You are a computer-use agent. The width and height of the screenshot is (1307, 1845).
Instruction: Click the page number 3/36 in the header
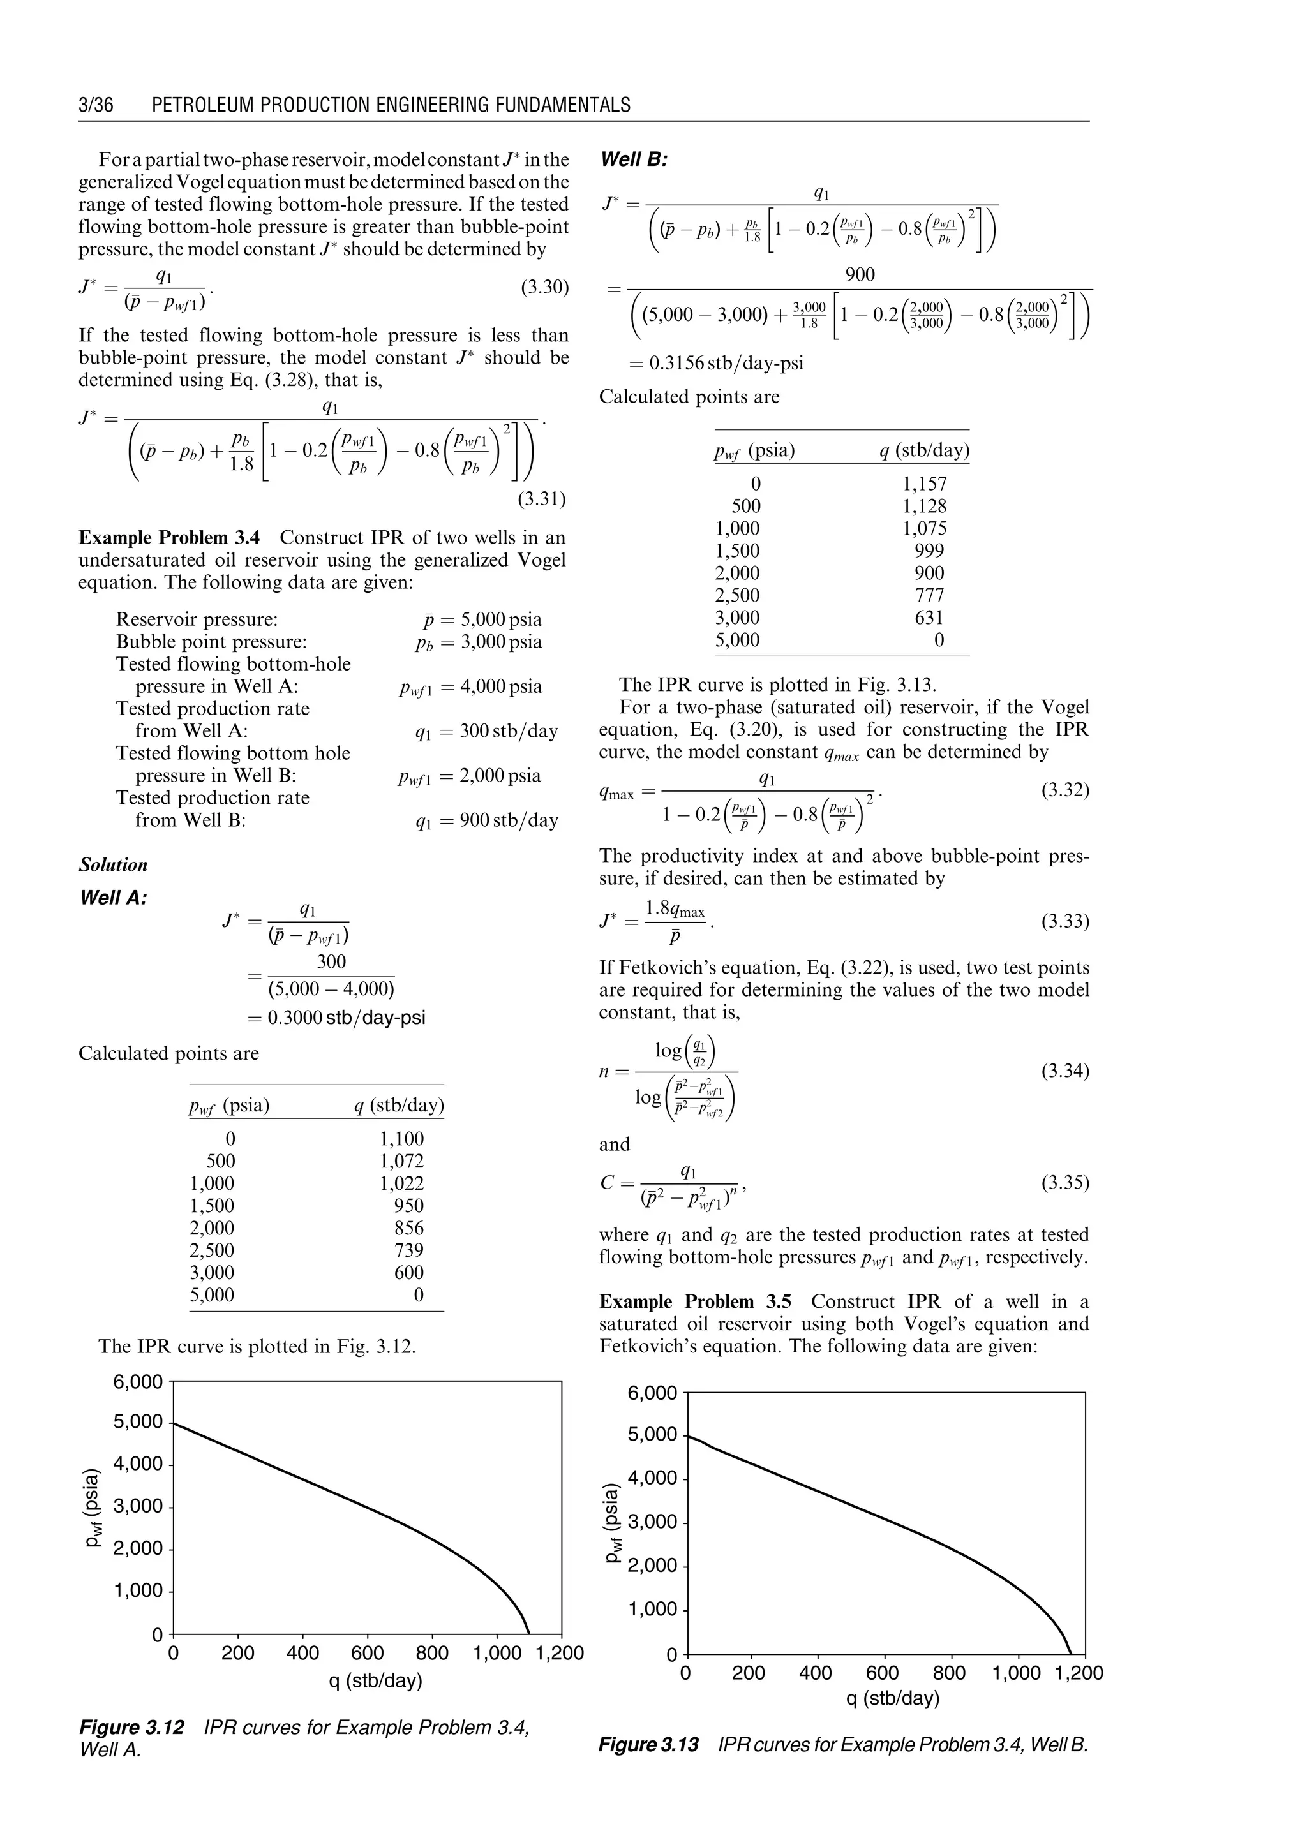(x=96, y=105)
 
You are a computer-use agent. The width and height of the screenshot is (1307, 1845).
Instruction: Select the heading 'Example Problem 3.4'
(x=175, y=538)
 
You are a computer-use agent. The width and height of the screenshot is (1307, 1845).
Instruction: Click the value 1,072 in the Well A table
(x=401, y=1161)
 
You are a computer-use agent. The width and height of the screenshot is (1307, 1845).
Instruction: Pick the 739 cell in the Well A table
(x=409, y=1250)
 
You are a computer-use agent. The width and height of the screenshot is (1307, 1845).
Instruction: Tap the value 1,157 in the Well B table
(x=924, y=484)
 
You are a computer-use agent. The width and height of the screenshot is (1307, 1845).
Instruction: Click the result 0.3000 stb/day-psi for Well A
(x=336, y=1018)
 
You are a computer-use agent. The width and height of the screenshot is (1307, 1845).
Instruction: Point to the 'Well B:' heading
(x=634, y=159)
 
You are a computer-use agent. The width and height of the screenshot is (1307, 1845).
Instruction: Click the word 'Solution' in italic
(x=114, y=865)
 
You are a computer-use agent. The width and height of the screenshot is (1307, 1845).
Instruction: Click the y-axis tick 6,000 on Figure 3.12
(x=138, y=1382)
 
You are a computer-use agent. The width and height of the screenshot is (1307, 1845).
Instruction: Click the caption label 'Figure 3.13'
(x=648, y=1744)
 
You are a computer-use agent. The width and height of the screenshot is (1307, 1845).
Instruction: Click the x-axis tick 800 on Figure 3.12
(x=432, y=1654)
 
